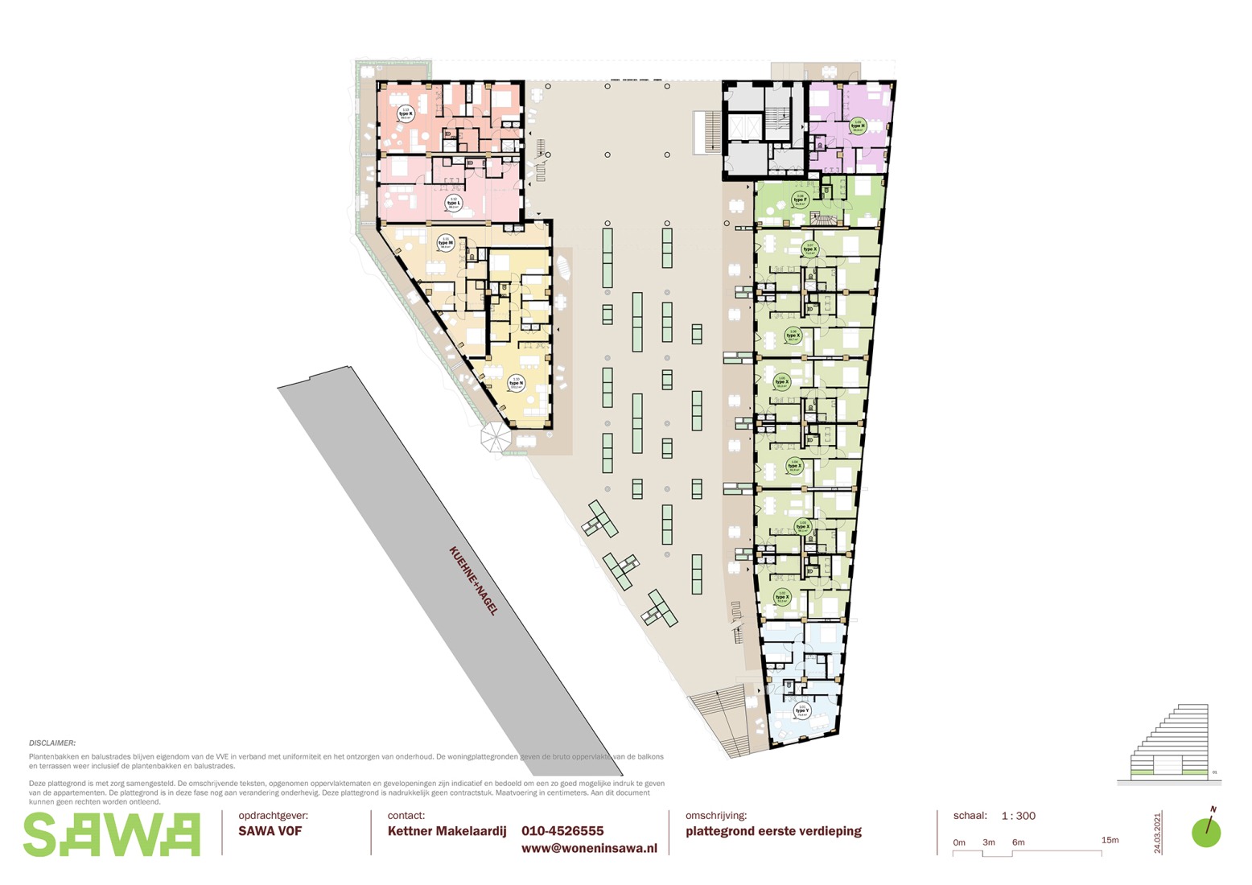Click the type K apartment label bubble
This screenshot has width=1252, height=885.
coord(406,114)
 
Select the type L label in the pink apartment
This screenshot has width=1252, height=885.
coord(453,203)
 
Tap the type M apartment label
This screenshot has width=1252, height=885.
coord(445,242)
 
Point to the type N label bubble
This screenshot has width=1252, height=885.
coord(515,383)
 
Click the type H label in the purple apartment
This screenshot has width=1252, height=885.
coord(858,126)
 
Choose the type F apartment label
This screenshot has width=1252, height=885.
coord(800,200)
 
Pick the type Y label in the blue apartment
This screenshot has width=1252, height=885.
coord(801,710)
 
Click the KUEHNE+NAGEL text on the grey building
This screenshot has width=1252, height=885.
coord(474,580)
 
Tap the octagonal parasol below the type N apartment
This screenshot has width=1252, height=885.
coord(495,438)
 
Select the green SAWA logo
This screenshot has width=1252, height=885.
coord(111,834)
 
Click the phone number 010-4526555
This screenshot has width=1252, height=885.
coord(562,831)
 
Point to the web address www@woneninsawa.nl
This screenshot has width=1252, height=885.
coord(589,848)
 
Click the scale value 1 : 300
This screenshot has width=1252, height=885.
coord(1018,816)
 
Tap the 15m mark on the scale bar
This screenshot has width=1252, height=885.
coord(1110,840)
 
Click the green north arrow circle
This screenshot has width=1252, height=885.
coord(1206,833)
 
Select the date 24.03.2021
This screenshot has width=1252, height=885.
coord(1158,833)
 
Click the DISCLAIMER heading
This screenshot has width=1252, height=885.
coord(52,743)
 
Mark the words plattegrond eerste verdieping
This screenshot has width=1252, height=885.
coord(773,831)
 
